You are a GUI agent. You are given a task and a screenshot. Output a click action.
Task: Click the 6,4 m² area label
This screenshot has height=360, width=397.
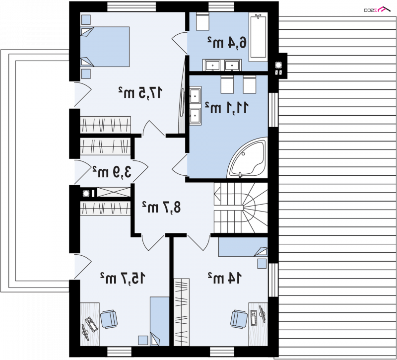click(x=227, y=42)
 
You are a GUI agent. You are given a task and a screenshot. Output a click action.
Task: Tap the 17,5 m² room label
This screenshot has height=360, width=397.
click(x=140, y=92)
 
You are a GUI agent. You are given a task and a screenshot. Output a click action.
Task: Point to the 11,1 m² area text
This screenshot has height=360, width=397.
click(x=226, y=107)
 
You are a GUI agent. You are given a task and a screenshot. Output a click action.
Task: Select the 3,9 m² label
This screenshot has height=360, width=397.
click(x=112, y=172)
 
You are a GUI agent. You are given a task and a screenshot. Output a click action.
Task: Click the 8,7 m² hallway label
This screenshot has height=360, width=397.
click(x=161, y=207)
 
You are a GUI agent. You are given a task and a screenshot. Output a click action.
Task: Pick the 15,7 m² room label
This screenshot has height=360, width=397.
click(x=123, y=278)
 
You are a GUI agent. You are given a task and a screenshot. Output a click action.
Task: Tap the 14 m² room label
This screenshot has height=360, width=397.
click(x=225, y=278)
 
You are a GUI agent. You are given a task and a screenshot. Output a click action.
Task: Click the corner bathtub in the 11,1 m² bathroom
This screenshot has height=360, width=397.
click(x=248, y=158)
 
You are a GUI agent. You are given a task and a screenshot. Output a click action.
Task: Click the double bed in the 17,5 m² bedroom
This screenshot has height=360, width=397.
click(x=105, y=47)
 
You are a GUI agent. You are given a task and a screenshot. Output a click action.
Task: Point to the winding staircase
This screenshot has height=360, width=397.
click(x=241, y=208)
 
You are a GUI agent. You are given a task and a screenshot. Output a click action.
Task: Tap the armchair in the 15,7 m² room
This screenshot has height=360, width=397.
click(x=109, y=319)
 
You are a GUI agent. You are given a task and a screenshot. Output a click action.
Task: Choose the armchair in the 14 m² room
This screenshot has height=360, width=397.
click(x=239, y=319)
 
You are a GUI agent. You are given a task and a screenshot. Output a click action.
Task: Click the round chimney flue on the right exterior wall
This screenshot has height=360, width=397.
click(x=278, y=65)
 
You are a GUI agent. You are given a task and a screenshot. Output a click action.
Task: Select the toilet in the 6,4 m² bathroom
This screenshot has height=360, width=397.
click(x=202, y=21)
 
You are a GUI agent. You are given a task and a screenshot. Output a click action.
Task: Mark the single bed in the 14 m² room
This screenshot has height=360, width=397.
click(x=243, y=247)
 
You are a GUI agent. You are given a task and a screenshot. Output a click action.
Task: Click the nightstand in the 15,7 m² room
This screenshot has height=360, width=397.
click(x=143, y=340)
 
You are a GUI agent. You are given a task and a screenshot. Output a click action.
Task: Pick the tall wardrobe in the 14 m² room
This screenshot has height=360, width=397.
click(x=182, y=312)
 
